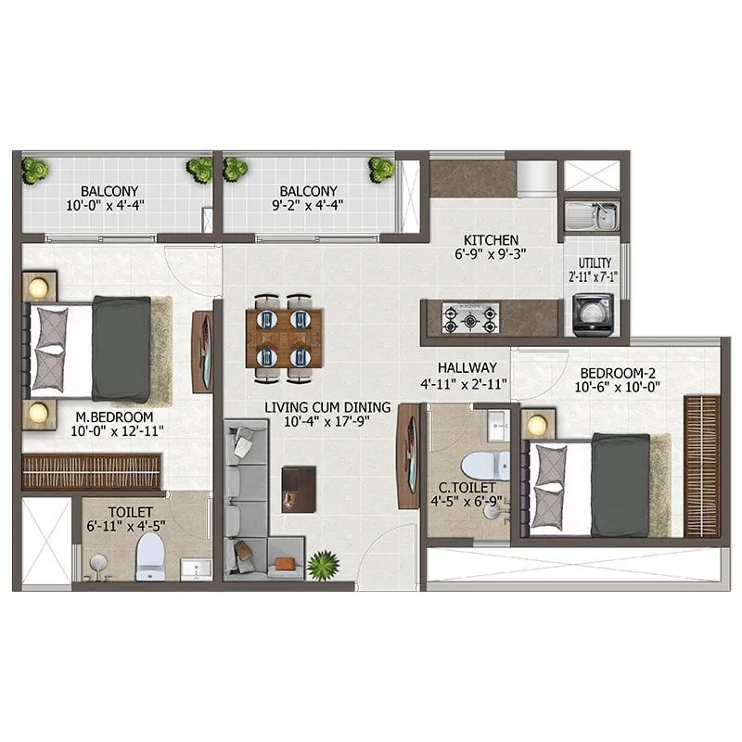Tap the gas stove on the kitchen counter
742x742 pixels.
pos(469,317)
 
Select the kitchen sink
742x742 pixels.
pos(590,217)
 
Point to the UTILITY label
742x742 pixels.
pos(594,263)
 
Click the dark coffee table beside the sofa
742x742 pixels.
pos(299,487)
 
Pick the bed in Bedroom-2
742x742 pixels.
pos(594,484)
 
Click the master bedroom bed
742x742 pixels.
pos(97,349)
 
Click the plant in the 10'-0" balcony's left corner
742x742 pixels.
pos(35,170)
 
